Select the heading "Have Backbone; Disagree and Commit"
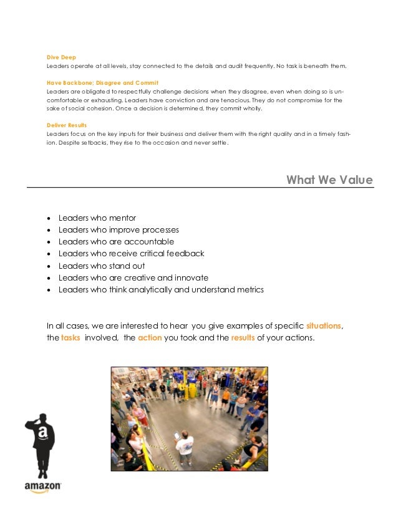click(102, 82)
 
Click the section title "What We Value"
click(329, 180)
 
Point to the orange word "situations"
click(324, 326)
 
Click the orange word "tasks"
click(70, 338)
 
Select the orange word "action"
click(149, 338)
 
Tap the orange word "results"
click(243, 338)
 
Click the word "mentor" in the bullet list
click(122, 218)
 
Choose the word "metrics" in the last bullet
click(245, 290)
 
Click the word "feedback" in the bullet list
click(184, 254)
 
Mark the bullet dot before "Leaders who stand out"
click(49, 266)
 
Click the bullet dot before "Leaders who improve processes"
click(49, 230)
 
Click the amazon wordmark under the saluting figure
click(42, 485)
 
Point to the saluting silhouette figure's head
click(42, 420)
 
